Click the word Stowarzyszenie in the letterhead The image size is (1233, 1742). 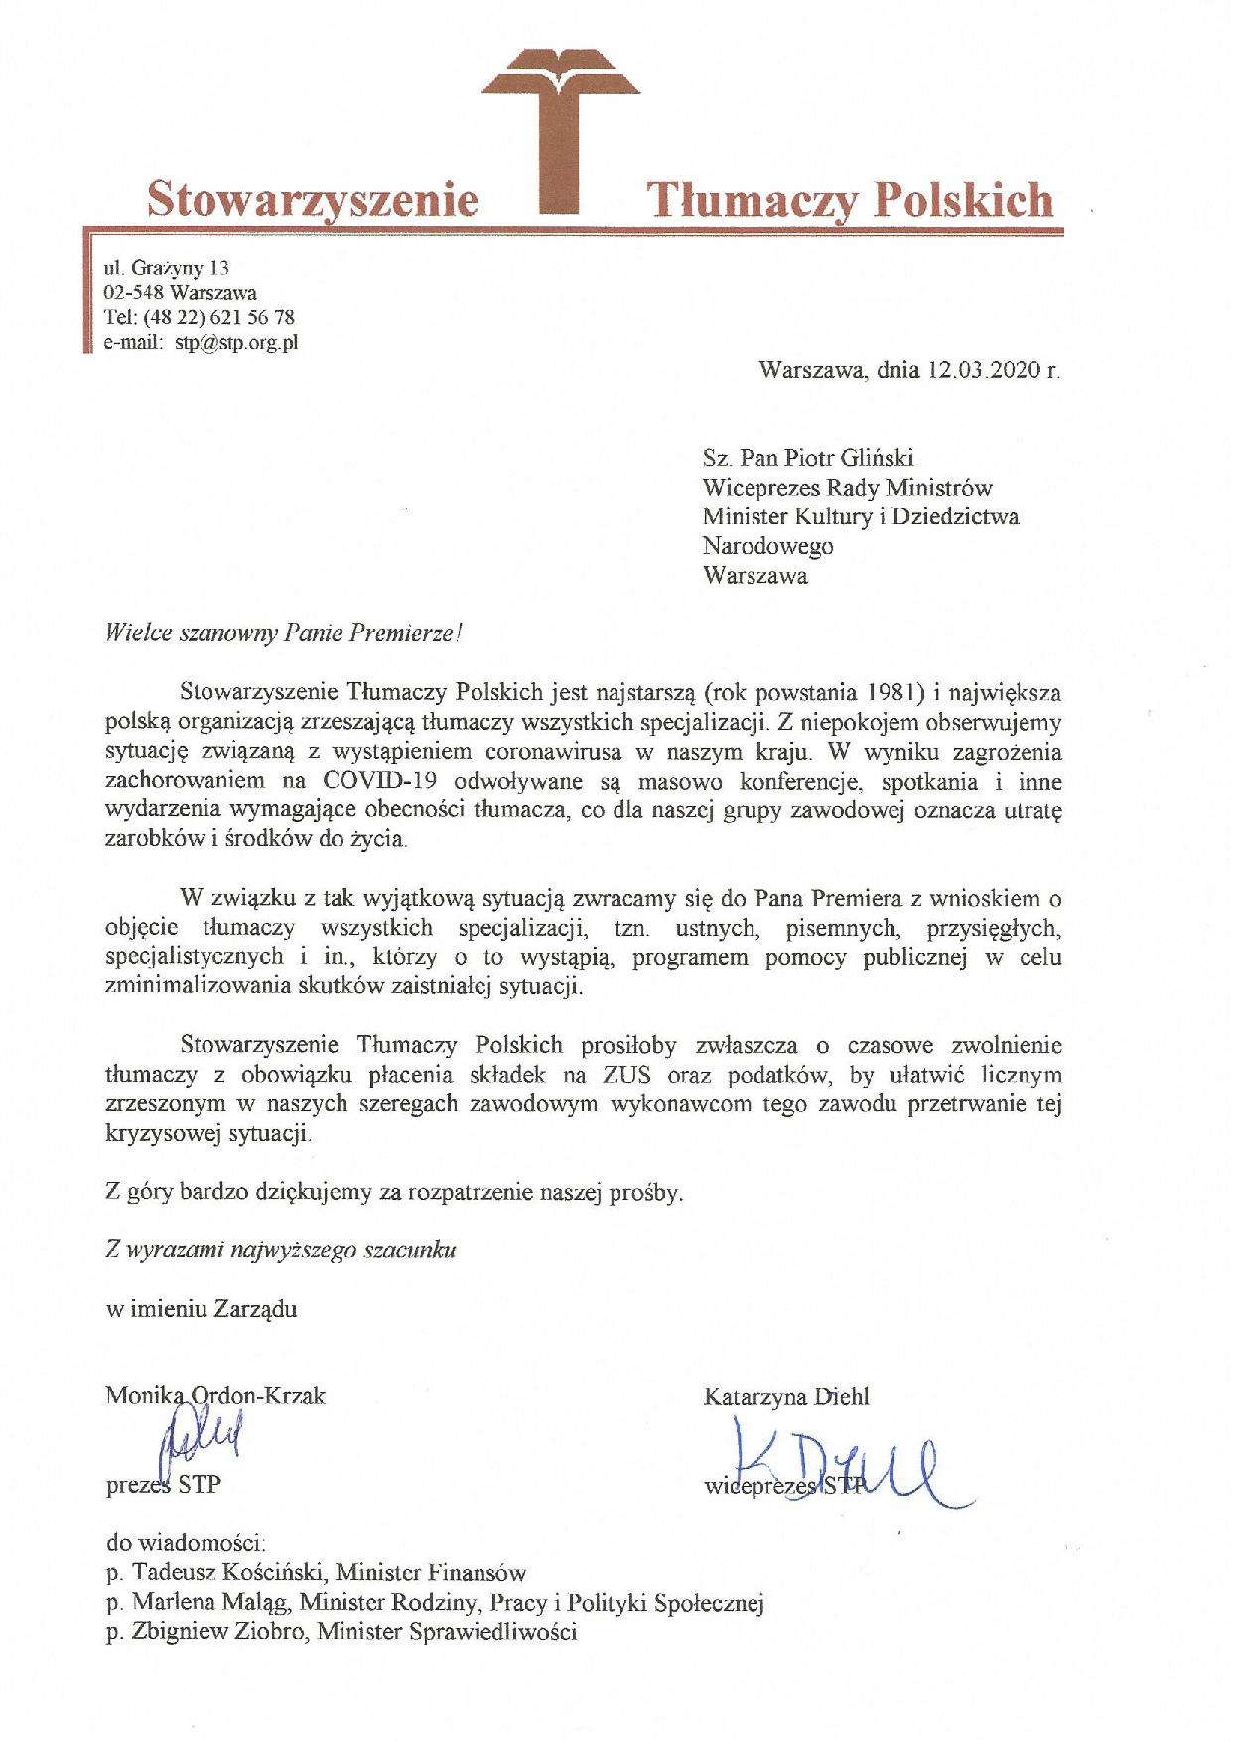(313, 199)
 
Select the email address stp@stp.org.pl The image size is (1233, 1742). (236, 344)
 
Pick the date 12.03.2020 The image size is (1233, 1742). (983, 371)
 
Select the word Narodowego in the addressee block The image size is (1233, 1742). (767, 546)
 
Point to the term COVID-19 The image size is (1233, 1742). (369, 781)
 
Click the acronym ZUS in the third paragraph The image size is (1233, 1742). (625, 1074)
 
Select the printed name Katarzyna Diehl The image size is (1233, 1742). (785, 1397)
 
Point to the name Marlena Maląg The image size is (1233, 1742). (209, 1602)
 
